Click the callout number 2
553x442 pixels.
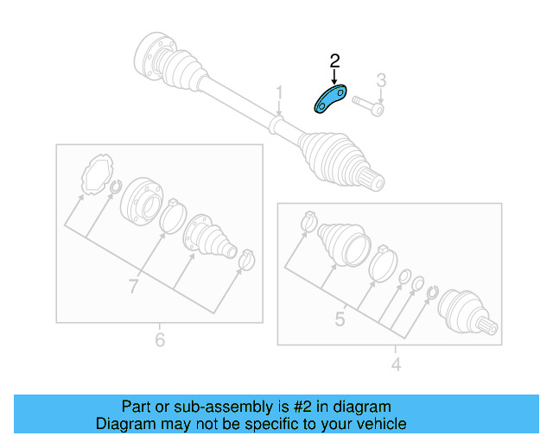[335, 60]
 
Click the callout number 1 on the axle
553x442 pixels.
[279, 92]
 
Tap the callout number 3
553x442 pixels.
[380, 81]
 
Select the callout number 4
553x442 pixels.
[396, 365]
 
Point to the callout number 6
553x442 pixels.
[160, 340]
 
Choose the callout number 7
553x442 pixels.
[133, 287]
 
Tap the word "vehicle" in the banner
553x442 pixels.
[378, 424]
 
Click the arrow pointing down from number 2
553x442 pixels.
[335, 76]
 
